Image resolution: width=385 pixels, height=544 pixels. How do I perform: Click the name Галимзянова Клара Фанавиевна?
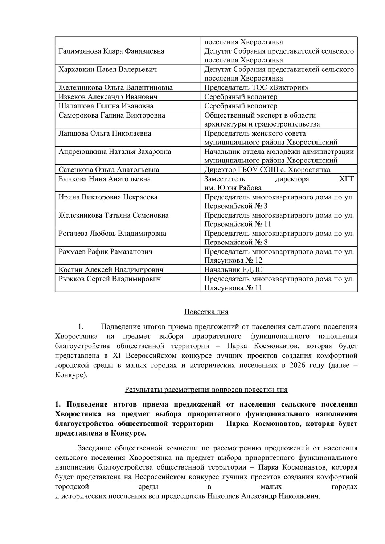coord(111,51)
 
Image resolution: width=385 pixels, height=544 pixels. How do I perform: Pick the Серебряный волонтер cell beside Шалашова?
coord(241,106)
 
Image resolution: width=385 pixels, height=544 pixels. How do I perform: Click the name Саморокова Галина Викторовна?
coord(112,115)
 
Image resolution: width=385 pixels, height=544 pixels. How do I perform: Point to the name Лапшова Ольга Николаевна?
coord(105,133)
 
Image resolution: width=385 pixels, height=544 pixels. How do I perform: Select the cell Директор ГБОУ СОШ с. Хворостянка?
coord(267,170)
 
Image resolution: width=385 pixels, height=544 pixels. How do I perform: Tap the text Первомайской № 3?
coord(236,206)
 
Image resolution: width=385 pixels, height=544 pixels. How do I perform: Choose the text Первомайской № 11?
coord(238,224)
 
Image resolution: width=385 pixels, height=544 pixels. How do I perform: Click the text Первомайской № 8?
coord(236,242)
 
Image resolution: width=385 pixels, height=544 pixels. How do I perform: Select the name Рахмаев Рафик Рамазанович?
coord(106,252)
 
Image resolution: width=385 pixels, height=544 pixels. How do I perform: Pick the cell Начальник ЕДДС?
coord(233,270)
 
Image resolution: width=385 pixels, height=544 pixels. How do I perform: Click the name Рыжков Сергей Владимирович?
coord(110,279)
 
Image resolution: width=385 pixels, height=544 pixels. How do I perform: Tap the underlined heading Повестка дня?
coord(206,312)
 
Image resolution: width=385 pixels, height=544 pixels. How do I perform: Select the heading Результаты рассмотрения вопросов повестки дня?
coord(206,390)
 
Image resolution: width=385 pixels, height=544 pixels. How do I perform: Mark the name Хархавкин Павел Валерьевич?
coord(108,69)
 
